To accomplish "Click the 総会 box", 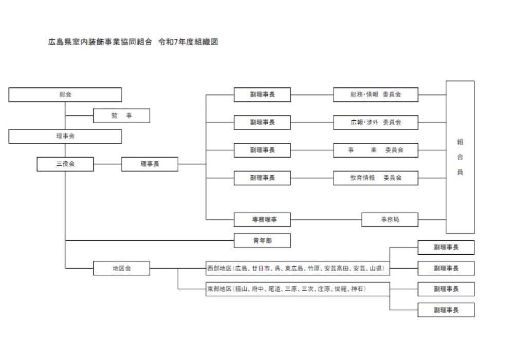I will (65, 94).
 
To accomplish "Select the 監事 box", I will (121, 116).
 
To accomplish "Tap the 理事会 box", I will (65, 136).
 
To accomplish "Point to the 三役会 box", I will (65, 164).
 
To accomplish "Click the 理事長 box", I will (150, 164).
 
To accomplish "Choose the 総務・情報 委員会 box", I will (375, 94).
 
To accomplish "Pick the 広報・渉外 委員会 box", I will (375, 122).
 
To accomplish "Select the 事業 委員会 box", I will (375, 150).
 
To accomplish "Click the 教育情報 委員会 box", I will (375, 178).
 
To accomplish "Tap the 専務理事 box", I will (262, 219).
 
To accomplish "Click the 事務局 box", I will (390, 219).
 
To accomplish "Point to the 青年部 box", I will (262, 240).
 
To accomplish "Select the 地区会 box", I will (121, 268).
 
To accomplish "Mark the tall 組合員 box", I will (460, 157).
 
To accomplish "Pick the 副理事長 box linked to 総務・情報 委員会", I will (262, 94).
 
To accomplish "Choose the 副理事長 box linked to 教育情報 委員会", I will (262, 178).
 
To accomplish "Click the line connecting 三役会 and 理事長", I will (107, 164).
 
